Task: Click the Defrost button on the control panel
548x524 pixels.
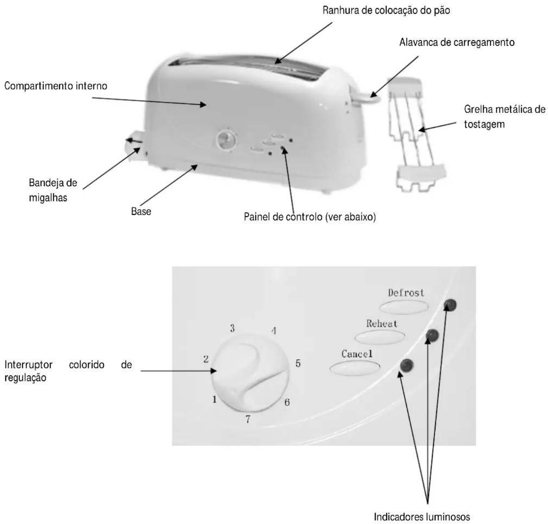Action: (x=403, y=306)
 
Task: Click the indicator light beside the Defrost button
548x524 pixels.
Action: (x=450, y=305)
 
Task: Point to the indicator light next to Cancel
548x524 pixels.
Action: (x=407, y=366)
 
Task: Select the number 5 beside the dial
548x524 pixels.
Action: (x=298, y=363)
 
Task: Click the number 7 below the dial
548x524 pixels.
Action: (x=248, y=419)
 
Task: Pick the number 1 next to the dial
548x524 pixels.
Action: (x=214, y=399)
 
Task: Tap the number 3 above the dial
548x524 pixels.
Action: (x=232, y=328)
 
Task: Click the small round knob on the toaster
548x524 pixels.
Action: (x=226, y=140)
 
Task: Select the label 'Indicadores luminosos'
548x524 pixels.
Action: (x=422, y=516)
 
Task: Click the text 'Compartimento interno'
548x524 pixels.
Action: (x=56, y=86)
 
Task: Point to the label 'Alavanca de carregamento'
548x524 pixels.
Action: (x=457, y=42)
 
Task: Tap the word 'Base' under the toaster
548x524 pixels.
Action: (x=141, y=211)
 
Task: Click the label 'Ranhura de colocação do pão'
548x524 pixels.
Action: (x=386, y=11)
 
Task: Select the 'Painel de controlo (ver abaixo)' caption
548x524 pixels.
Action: (x=310, y=217)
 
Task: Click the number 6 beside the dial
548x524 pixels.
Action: (x=287, y=402)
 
